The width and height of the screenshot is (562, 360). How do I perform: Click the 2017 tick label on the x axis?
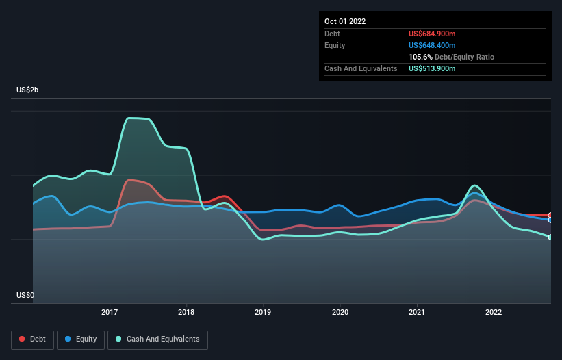[x=110, y=313]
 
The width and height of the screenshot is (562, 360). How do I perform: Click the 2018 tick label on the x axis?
[x=186, y=313]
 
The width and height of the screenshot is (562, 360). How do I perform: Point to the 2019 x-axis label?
[x=263, y=313]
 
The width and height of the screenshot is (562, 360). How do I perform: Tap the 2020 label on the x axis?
[x=340, y=313]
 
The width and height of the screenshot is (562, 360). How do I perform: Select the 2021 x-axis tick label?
[x=417, y=313]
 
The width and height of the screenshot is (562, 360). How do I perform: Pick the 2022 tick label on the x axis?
[x=494, y=313]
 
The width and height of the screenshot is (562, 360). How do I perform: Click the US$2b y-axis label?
[x=27, y=90]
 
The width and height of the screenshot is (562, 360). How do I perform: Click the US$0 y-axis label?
[x=25, y=295]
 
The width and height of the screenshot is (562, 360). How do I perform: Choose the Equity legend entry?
[x=80, y=339]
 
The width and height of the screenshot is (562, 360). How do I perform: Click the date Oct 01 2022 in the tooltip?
[x=345, y=21]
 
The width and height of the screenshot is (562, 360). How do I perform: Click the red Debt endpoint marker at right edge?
[x=550, y=216]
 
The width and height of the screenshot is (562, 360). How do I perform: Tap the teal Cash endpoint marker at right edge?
[x=550, y=237]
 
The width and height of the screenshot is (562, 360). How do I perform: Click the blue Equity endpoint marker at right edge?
[x=550, y=220]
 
